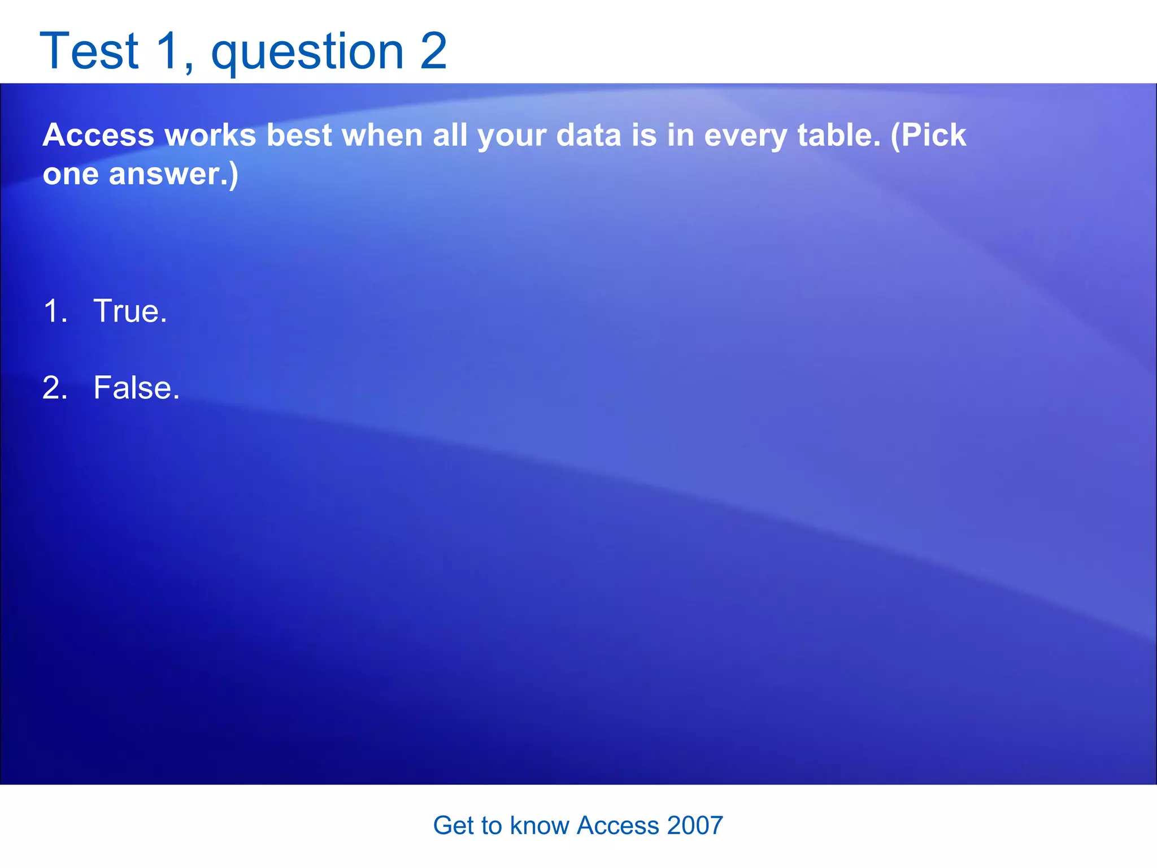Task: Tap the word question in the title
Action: (x=307, y=52)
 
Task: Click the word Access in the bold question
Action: (x=98, y=136)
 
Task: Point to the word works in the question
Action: (x=210, y=136)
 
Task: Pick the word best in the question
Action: (x=299, y=136)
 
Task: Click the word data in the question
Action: (x=589, y=136)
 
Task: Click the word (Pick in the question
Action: (x=928, y=136)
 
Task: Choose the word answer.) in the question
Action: (x=173, y=174)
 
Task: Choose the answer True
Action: (x=130, y=311)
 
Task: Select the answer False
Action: (x=136, y=388)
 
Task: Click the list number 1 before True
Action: (x=54, y=311)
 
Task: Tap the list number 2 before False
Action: (x=54, y=388)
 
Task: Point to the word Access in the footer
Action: (x=617, y=826)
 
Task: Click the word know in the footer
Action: (x=539, y=826)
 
